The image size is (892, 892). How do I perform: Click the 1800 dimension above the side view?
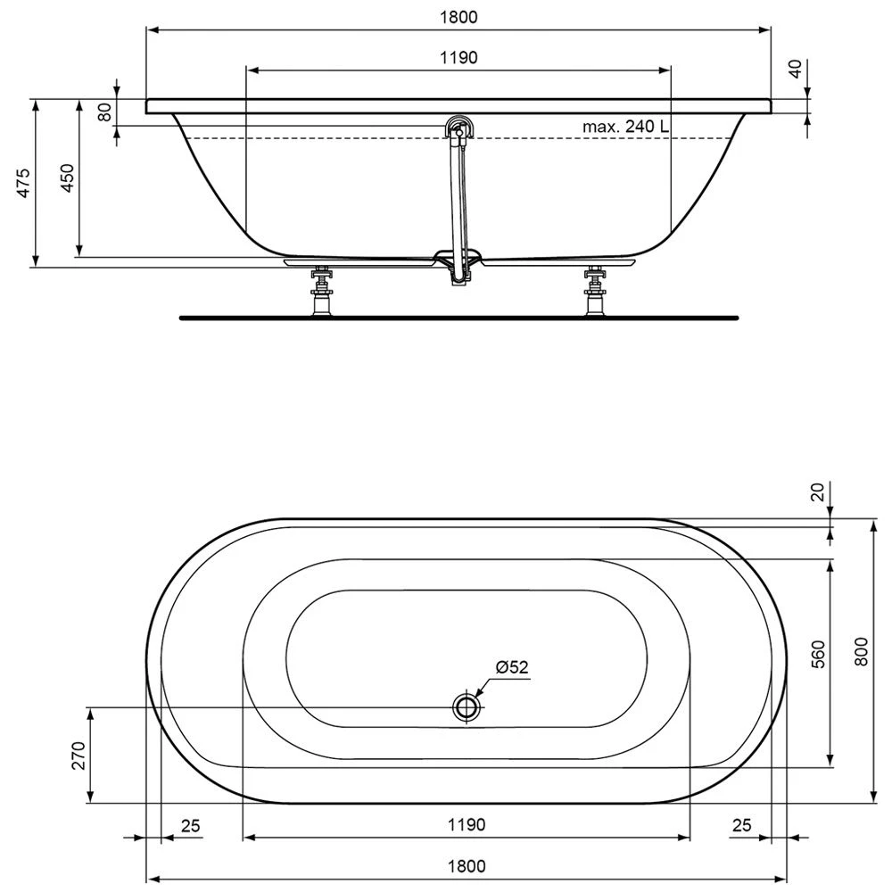[458, 17]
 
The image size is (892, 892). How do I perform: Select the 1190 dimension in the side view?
[458, 57]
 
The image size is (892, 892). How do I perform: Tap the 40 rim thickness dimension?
[797, 69]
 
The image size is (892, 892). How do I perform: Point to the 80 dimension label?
[104, 112]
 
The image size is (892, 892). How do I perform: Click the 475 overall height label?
[24, 182]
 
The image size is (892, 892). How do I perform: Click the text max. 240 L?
[625, 127]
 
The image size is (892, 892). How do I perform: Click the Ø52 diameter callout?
[512, 667]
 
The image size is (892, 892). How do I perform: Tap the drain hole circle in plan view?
[466, 707]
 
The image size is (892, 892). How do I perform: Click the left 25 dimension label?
[190, 825]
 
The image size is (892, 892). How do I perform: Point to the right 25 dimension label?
[741, 825]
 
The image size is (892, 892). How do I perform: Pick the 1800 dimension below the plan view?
[466, 864]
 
